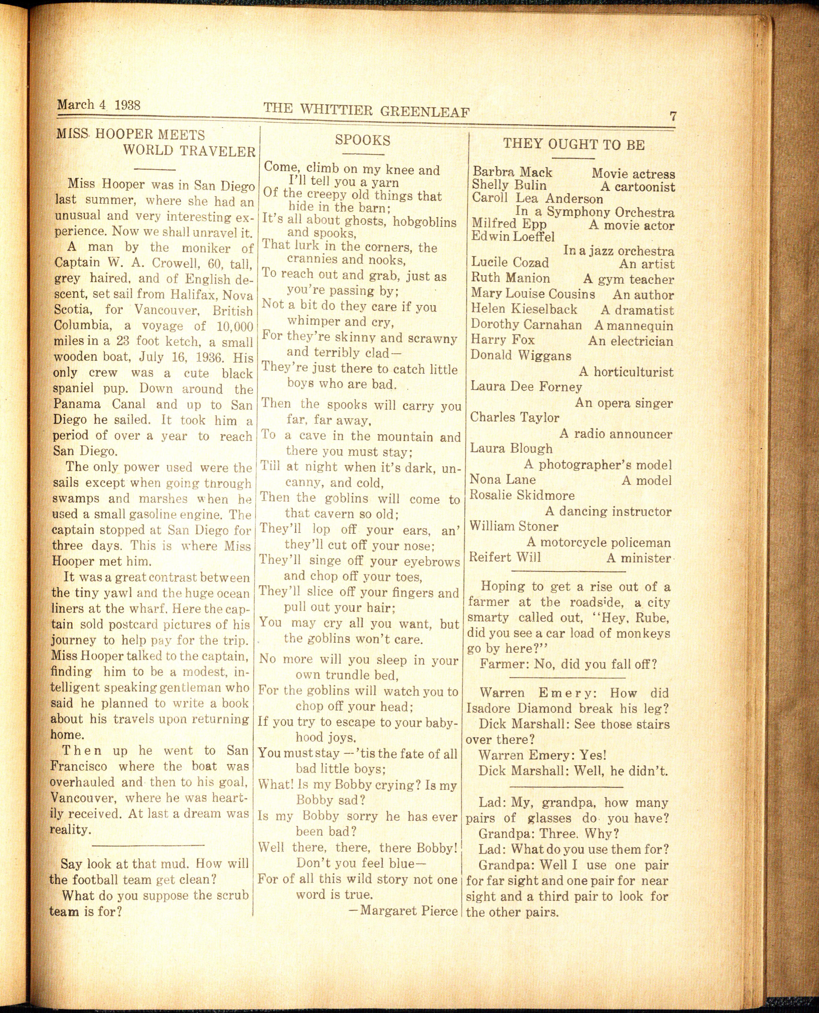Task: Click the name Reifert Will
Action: [x=505, y=557]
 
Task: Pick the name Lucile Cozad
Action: [x=510, y=263]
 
